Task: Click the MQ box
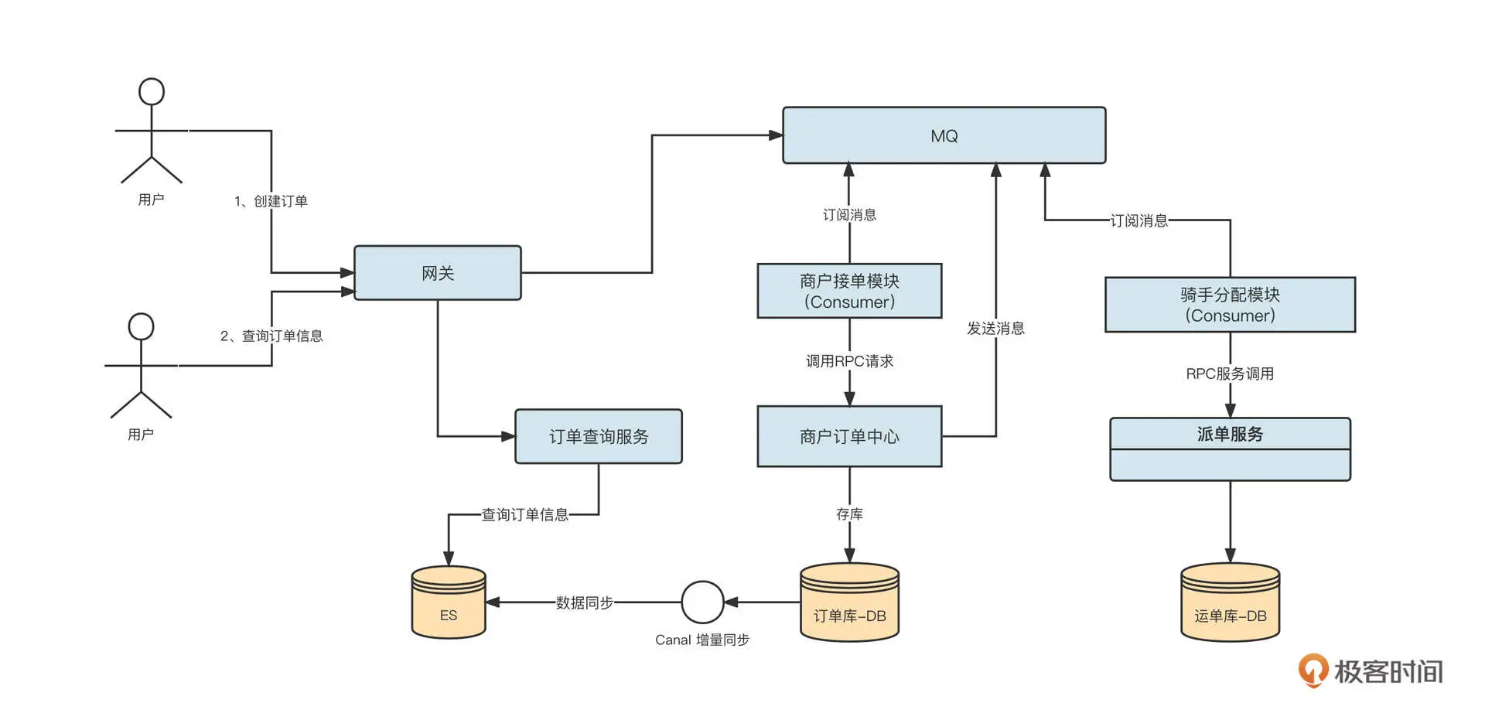tap(944, 135)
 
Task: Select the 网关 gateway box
tap(437, 273)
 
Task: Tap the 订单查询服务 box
tap(599, 436)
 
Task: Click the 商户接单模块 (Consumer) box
tap(849, 291)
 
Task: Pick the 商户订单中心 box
tap(849, 436)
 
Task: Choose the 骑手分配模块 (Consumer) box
tap(1230, 305)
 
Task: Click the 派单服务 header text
tap(1230, 434)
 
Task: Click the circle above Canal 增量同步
tap(702, 602)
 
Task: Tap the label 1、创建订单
tap(271, 201)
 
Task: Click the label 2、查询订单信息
tap(271, 336)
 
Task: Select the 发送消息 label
tap(995, 328)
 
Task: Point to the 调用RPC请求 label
tap(849, 361)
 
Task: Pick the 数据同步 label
tap(585, 602)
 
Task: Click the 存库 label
tap(849, 514)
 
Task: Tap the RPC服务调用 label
tap(1230, 374)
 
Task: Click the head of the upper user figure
tap(152, 91)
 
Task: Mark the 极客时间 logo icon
tap(1313, 670)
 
